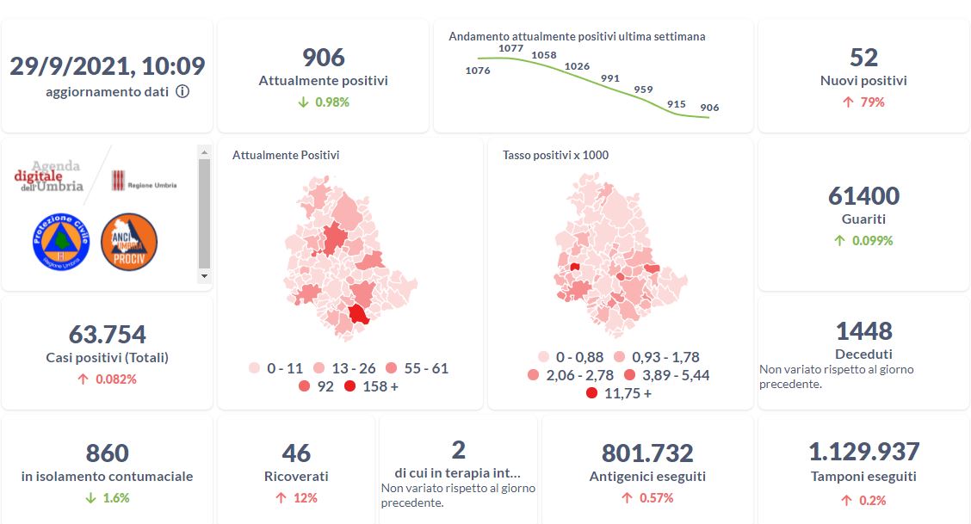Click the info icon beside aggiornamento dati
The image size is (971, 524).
point(182,92)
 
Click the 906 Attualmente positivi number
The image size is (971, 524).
point(324,58)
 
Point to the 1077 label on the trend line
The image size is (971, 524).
point(510,48)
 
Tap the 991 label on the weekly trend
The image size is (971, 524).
point(610,78)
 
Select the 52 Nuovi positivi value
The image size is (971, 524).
point(863,58)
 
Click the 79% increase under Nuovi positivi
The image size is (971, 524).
point(863,102)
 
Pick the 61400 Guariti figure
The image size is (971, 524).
point(863,196)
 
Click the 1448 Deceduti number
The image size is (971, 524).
point(863,331)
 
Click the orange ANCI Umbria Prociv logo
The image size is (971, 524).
point(129,242)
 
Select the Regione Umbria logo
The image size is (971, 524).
point(143,182)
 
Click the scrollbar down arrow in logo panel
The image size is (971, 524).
point(204,277)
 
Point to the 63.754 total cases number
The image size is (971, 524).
point(108,334)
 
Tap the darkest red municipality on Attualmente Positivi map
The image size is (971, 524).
point(357,314)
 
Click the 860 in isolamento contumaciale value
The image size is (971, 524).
point(108,453)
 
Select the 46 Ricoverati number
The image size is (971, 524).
point(296,453)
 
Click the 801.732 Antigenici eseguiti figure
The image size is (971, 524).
point(647,453)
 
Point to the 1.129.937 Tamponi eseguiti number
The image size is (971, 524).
point(863,452)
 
